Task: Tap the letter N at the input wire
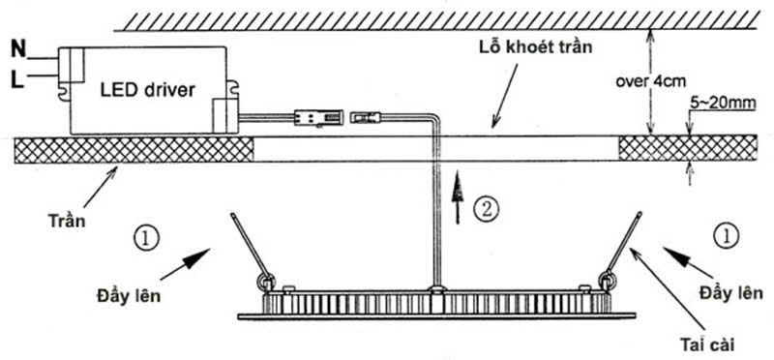[17, 46]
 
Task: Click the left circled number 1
[147, 237]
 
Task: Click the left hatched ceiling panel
[134, 149]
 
